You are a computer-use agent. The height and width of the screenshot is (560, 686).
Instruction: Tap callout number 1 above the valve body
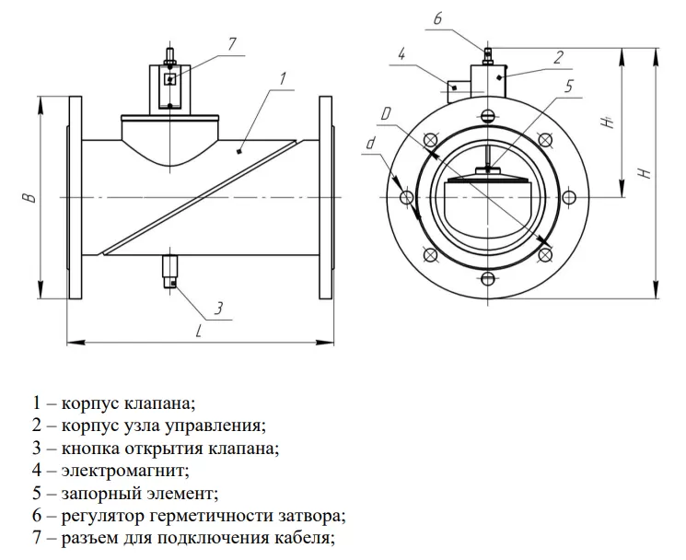[x=285, y=78]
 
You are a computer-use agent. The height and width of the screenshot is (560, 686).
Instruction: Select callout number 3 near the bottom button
[x=219, y=307]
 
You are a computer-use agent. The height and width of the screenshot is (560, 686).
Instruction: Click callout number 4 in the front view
[x=402, y=55]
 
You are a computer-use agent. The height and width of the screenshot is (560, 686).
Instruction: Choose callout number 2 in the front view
[x=558, y=57]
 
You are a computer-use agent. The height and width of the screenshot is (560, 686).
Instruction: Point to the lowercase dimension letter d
[x=369, y=143]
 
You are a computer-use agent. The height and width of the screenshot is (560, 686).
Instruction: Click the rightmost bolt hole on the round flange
[x=569, y=197]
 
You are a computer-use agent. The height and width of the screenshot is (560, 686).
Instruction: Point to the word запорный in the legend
[x=93, y=493]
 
